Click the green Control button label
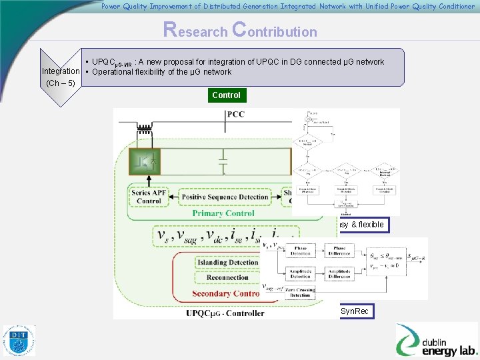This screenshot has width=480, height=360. tap(226, 95)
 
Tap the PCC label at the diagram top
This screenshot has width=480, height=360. tap(235, 114)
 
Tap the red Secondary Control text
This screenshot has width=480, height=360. tap(225, 293)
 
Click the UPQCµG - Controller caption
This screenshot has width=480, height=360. tap(225, 312)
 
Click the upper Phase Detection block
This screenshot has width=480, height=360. tap(300, 250)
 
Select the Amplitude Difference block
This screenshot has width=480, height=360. tap(340, 274)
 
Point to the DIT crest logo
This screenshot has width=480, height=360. tap(19, 341)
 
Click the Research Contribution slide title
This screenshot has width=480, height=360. tap(240, 31)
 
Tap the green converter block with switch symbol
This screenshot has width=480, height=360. tap(146, 162)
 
